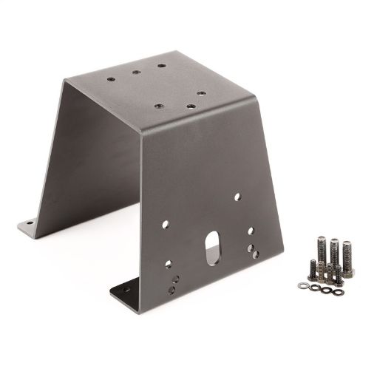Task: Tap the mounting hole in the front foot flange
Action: [125, 291]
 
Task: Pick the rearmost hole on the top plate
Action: [160, 65]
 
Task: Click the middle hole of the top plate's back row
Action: [136, 72]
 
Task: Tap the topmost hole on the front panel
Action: [237, 197]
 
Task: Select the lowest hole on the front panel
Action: [171, 290]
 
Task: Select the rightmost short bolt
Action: [338, 274]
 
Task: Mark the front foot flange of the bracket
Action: [129, 290]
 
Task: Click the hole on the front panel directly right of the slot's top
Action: [251, 231]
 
